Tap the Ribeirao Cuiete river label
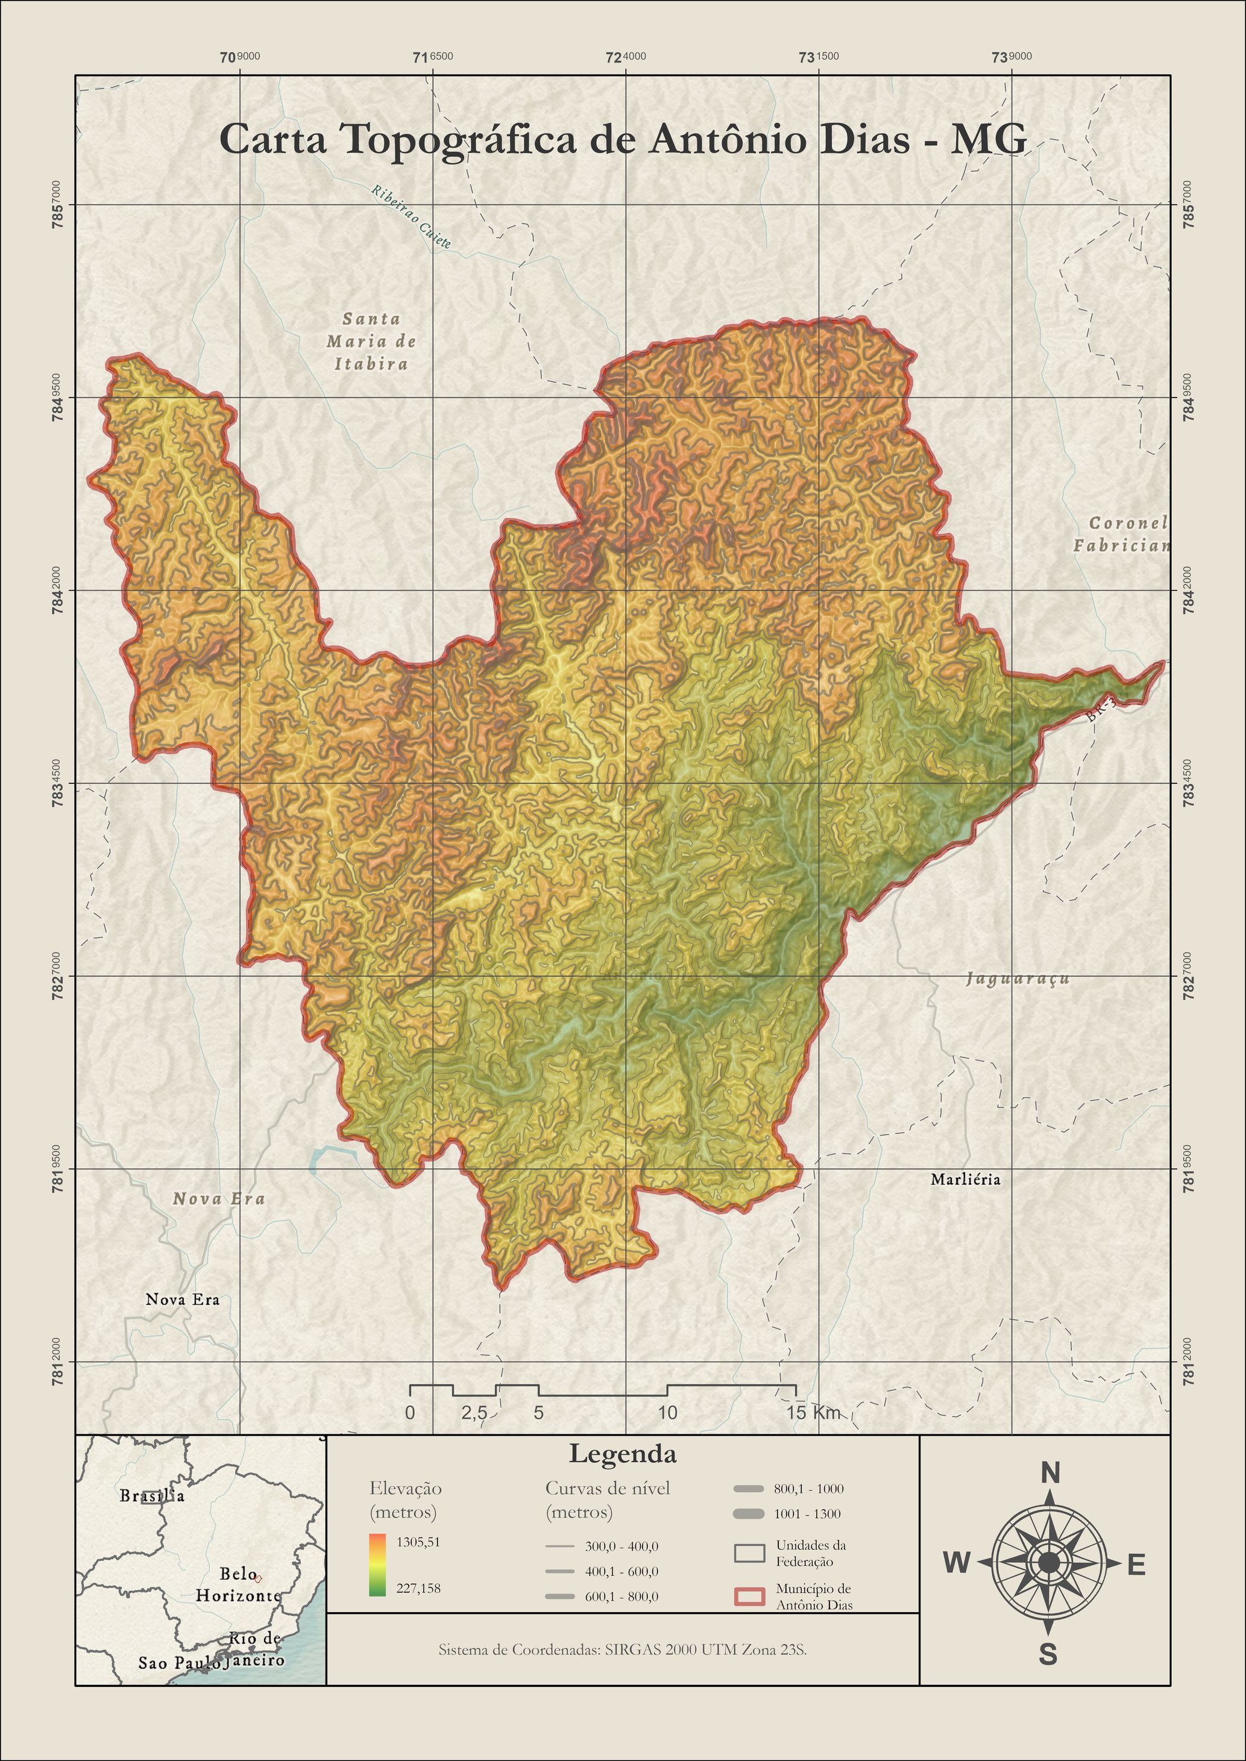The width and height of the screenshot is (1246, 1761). click(411, 217)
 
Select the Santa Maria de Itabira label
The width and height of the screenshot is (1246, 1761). click(371, 342)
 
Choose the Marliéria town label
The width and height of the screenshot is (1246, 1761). click(965, 1179)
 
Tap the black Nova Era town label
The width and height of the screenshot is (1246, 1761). click(183, 1300)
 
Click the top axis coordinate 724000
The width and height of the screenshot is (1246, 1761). click(625, 57)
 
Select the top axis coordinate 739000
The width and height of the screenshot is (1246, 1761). click(1012, 57)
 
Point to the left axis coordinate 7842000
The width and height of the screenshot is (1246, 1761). click(57, 590)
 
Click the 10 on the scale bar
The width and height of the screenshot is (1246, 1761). click(667, 1413)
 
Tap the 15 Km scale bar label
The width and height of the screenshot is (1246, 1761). click(813, 1413)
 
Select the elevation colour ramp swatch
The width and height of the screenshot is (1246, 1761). click(377, 1565)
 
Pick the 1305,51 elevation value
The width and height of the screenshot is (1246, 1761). click(418, 1542)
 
